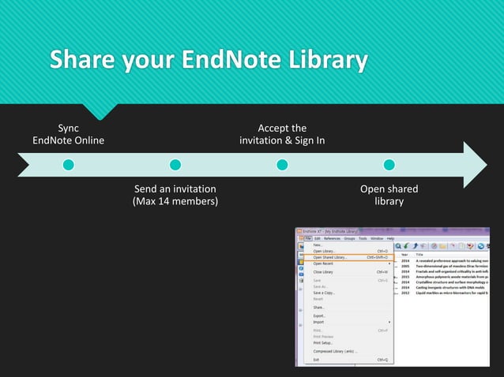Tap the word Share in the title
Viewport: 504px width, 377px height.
tap(79, 62)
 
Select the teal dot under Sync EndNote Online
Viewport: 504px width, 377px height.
tap(69, 165)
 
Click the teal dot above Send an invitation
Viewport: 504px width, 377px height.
tap(175, 165)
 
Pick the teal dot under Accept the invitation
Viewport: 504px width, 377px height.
tap(282, 165)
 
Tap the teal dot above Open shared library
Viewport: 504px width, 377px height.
tap(389, 165)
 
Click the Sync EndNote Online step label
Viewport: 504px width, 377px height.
tap(69, 134)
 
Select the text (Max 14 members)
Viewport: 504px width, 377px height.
tap(175, 202)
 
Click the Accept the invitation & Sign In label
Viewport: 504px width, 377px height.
tap(282, 134)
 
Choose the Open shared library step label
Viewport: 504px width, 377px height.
tap(389, 195)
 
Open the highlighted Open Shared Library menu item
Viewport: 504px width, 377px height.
tap(330, 257)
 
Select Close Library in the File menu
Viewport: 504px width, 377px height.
tap(323, 272)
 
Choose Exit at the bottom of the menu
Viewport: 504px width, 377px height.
tap(316, 360)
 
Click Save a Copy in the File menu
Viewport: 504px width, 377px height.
tap(324, 293)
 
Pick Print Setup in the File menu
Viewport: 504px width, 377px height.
tap(324, 342)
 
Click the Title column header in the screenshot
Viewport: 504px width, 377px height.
tap(419, 255)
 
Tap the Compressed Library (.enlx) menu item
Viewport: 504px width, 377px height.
tap(335, 351)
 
